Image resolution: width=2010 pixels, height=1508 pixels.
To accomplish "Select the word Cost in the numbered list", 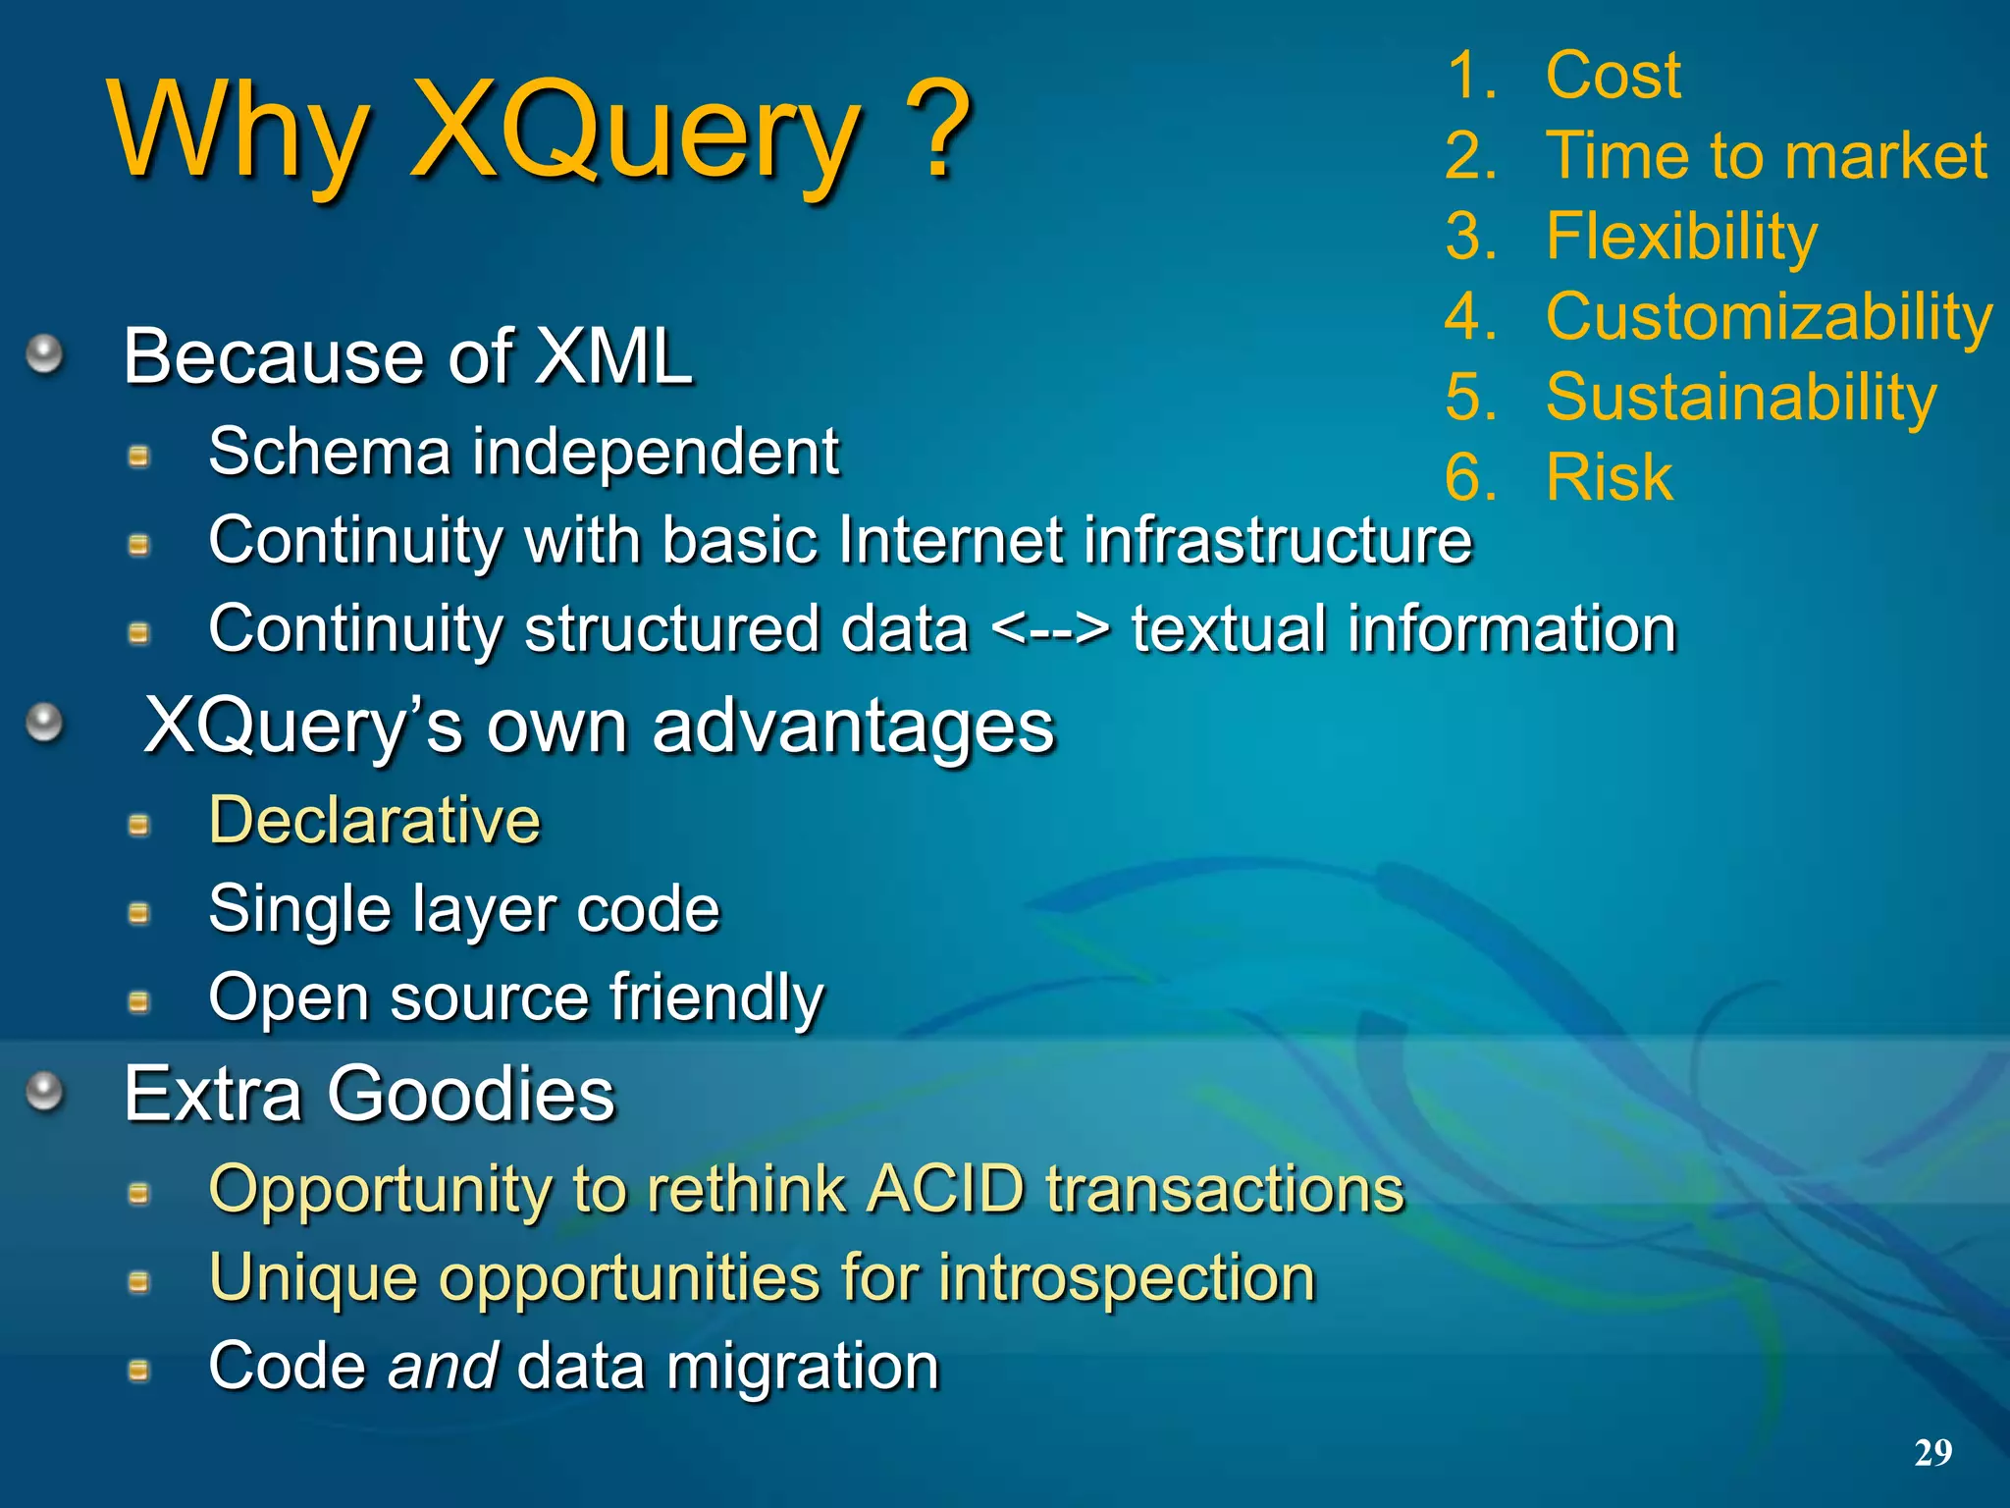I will [1613, 76].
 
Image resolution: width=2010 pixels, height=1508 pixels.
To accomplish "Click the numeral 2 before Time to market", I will [1469, 156].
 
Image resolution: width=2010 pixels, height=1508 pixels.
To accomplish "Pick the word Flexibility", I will [1681, 238].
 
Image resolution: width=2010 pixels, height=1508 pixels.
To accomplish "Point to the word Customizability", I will [1769, 318].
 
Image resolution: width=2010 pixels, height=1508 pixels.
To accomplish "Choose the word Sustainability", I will [1741, 398].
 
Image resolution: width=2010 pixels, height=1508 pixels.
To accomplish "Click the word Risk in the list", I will [1610, 478].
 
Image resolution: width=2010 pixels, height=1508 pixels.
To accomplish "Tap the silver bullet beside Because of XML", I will [44, 353].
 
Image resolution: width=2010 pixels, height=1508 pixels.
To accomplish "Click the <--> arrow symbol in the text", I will [1050, 629].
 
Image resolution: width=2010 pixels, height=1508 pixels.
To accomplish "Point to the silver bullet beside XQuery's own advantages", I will [44, 724].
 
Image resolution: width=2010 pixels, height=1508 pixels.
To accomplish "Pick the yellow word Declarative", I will [374, 821].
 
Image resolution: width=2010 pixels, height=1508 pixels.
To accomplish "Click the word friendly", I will [716, 998].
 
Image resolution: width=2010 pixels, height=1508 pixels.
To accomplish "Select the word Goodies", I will [470, 1094].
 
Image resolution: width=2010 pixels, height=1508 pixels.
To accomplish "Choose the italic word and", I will [443, 1367].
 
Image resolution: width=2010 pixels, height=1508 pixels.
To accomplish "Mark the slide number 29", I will [1932, 1452].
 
